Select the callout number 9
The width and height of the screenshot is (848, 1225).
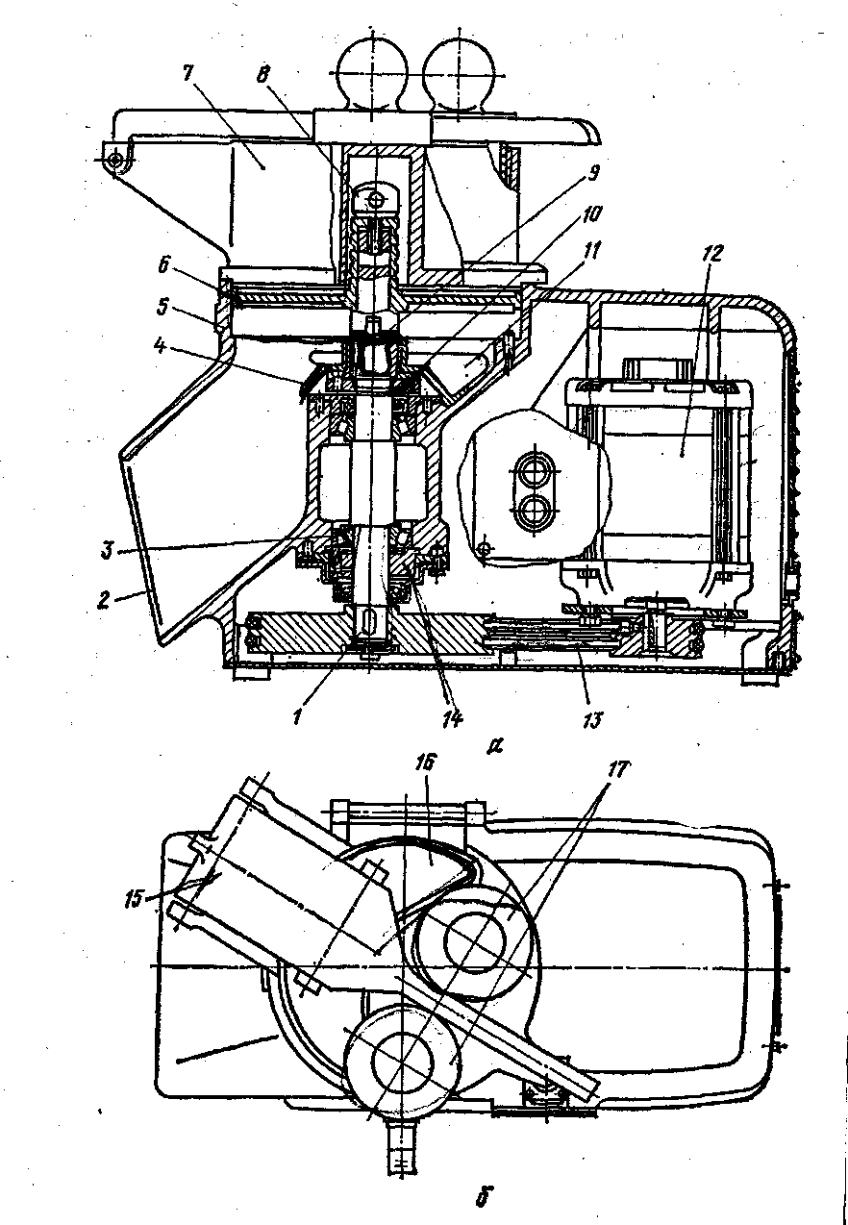click(x=593, y=173)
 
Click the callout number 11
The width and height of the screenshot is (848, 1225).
click(x=593, y=251)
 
